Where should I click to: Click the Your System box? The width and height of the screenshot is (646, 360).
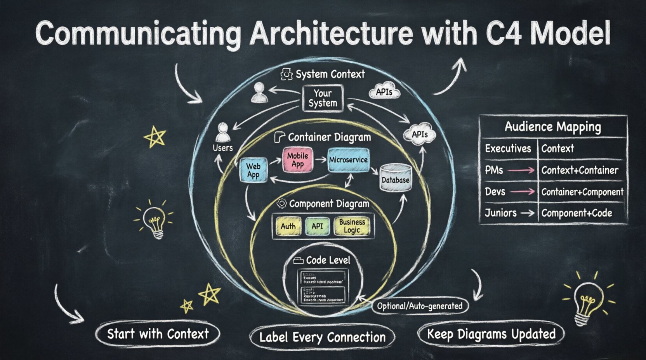[323, 99]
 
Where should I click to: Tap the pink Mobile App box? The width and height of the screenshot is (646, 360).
[298, 160]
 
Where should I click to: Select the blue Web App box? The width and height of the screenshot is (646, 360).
[253, 170]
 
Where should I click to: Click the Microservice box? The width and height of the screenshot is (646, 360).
[348, 160]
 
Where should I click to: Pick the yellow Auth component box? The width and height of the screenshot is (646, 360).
[288, 226]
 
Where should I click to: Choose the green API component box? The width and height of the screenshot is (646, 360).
[317, 226]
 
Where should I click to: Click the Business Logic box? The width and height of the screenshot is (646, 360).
[352, 226]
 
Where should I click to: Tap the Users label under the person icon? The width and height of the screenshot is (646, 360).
[222, 148]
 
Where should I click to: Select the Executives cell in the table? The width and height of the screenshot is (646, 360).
[508, 149]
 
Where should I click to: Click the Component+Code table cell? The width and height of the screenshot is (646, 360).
[577, 213]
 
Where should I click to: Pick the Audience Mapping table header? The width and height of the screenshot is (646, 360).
[553, 127]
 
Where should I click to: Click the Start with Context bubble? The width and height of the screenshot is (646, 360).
[158, 334]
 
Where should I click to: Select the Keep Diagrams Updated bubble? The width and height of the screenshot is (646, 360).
[491, 334]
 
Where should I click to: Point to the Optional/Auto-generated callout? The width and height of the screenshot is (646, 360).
[420, 306]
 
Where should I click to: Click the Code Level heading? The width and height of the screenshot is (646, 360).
[328, 260]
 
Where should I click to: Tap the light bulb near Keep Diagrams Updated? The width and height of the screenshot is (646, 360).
[588, 301]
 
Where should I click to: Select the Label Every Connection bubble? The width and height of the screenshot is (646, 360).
[322, 337]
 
